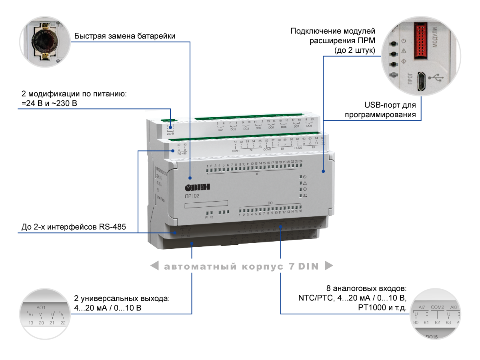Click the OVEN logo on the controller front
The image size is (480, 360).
pyautogui.click(x=198, y=188)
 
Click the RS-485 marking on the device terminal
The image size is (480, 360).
pyautogui.click(x=182, y=153)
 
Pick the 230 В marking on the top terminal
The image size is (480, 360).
pyautogui.click(x=170, y=133)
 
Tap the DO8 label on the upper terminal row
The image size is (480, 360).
pyautogui.click(x=309, y=126)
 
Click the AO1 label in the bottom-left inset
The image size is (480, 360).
pyautogui.click(x=41, y=308)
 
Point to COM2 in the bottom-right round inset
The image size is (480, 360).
pyautogui.click(x=437, y=307)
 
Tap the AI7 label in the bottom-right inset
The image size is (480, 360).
pyautogui.click(x=421, y=307)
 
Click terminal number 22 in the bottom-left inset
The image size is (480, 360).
pyautogui.click(x=63, y=323)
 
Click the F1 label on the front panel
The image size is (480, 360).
pyautogui.click(x=207, y=217)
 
